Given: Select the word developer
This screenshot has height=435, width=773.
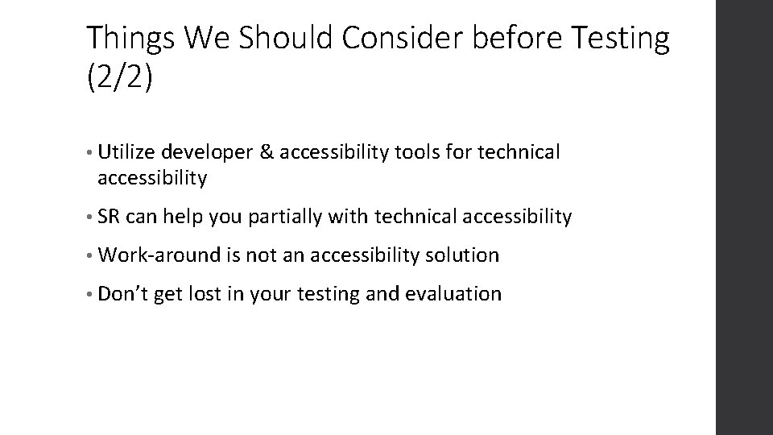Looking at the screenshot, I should click(207, 151).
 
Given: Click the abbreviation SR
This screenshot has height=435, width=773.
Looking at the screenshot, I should click(108, 217).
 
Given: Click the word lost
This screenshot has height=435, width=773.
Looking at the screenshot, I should click(205, 294).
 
